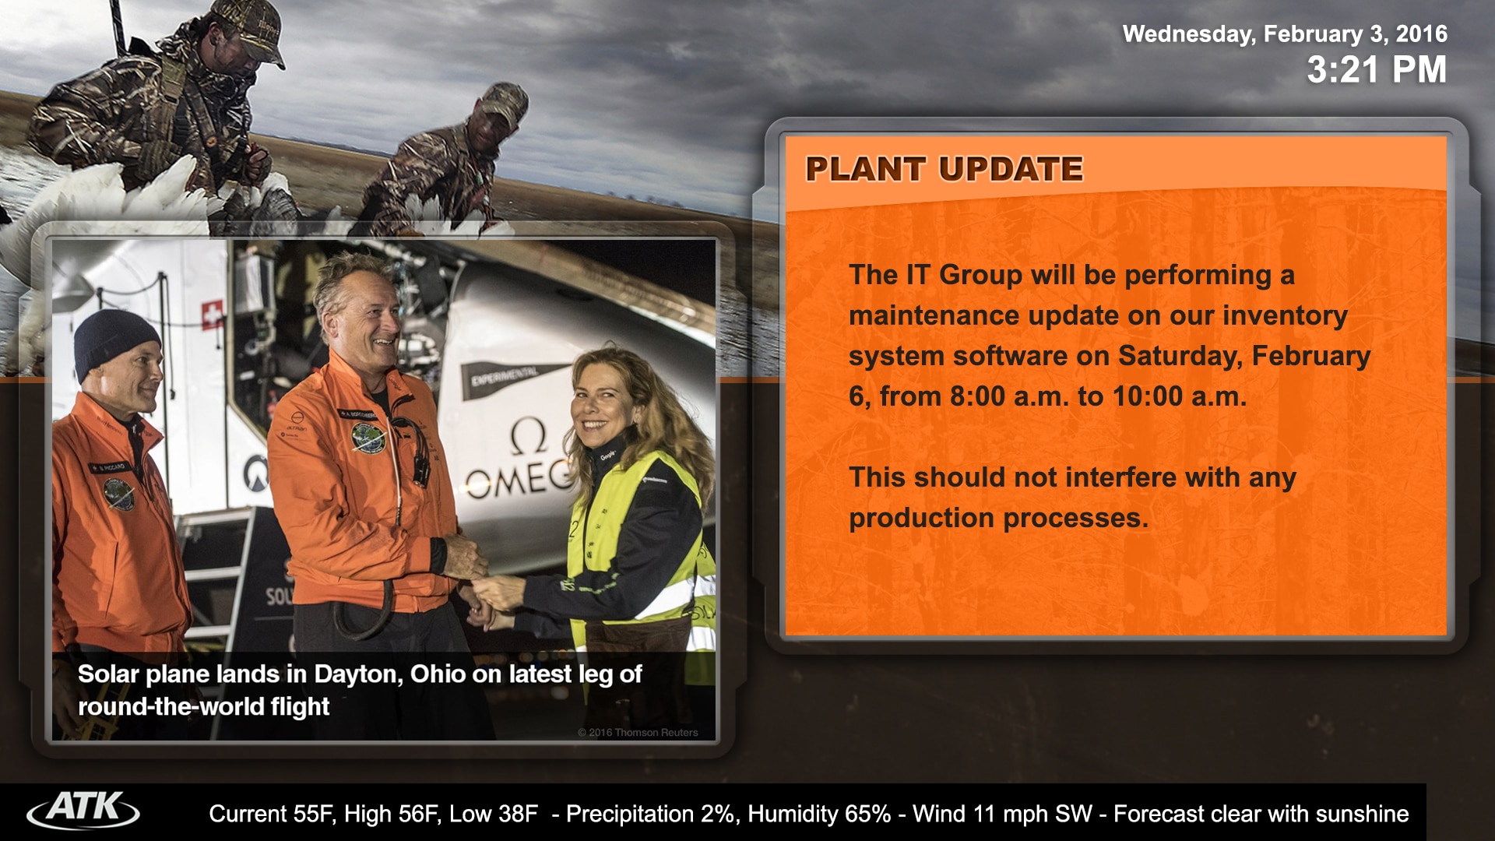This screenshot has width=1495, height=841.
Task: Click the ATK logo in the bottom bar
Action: [x=83, y=811]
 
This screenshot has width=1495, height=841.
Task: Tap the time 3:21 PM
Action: [x=1377, y=69]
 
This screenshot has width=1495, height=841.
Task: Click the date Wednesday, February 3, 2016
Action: [x=1285, y=33]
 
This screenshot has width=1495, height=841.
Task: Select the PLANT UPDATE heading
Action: [x=944, y=169]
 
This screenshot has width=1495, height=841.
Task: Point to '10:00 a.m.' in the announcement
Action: [x=1180, y=396]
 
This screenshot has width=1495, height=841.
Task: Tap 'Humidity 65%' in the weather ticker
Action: [x=819, y=814]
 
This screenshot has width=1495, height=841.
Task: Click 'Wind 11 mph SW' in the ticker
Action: [x=1003, y=814]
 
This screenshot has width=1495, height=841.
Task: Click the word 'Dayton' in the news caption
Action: [x=357, y=674]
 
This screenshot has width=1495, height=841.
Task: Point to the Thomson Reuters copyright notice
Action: [x=638, y=732]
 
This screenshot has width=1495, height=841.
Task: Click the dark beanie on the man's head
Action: [x=116, y=342]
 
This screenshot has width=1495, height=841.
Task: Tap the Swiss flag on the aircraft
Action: [x=212, y=315]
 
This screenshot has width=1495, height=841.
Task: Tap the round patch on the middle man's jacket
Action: [x=368, y=438]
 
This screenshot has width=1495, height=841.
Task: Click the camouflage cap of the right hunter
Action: [x=502, y=101]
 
